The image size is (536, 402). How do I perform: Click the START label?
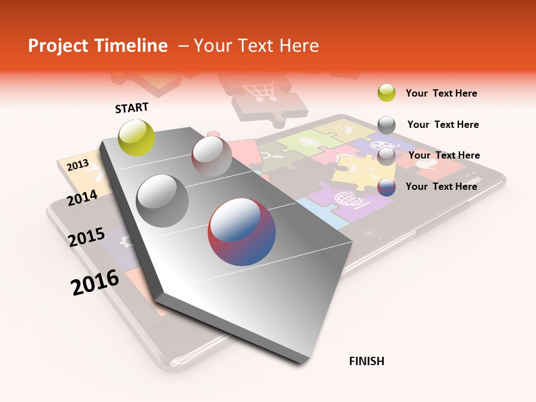[x=132, y=108]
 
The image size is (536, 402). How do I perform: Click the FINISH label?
[x=366, y=361]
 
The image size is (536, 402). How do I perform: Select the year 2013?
[x=78, y=165]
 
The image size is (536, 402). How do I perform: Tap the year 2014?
[x=83, y=198]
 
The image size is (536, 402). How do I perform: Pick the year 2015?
[x=87, y=237]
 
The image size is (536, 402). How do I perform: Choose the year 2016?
[x=95, y=282]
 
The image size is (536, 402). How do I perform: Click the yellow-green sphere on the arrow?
[x=137, y=137]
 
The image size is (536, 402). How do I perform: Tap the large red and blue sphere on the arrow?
[x=242, y=232]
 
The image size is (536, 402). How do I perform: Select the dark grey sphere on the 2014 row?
[x=162, y=201]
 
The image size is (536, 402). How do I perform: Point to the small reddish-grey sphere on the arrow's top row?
[x=212, y=156]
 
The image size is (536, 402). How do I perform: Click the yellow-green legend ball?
[x=386, y=93]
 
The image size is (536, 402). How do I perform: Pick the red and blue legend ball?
[x=386, y=186]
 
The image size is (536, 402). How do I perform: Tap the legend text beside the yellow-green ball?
[x=441, y=93]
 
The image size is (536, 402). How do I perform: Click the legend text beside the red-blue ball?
[x=441, y=186]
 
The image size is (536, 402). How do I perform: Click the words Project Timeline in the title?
[x=98, y=46]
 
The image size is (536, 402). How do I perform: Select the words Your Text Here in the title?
[x=256, y=46]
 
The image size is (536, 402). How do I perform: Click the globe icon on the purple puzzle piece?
[x=345, y=198]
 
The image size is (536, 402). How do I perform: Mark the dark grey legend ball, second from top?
[x=386, y=125]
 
